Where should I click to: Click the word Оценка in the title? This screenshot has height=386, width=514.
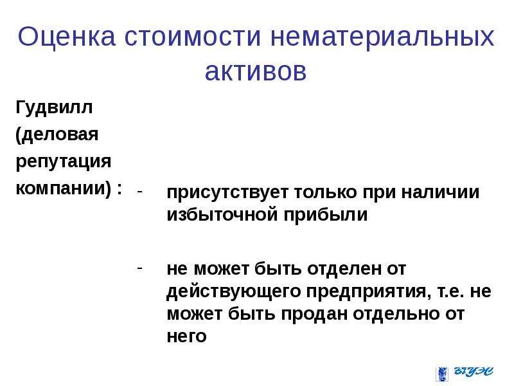pyautogui.click(x=67, y=36)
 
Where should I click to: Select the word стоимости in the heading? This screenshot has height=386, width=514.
pyautogui.click(x=193, y=36)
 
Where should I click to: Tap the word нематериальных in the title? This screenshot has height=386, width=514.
pyautogui.click(x=382, y=36)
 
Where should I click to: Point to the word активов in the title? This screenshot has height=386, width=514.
pyautogui.click(x=256, y=71)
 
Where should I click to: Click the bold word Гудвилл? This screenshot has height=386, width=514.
pyautogui.click(x=54, y=108)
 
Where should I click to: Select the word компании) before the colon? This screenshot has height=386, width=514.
pyautogui.click(x=64, y=188)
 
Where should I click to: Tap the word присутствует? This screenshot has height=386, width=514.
pyautogui.click(x=227, y=192)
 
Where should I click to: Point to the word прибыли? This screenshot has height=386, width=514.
pyautogui.click(x=326, y=215)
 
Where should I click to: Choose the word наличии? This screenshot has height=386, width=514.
pyautogui.click(x=440, y=192)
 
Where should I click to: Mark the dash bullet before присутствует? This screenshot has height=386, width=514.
pyautogui.click(x=140, y=192)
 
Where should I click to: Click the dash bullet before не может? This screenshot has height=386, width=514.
pyautogui.click(x=140, y=268)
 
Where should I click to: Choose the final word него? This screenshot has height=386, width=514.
pyautogui.click(x=186, y=336)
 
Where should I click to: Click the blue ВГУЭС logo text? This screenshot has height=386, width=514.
pyautogui.click(x=474, y=371)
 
